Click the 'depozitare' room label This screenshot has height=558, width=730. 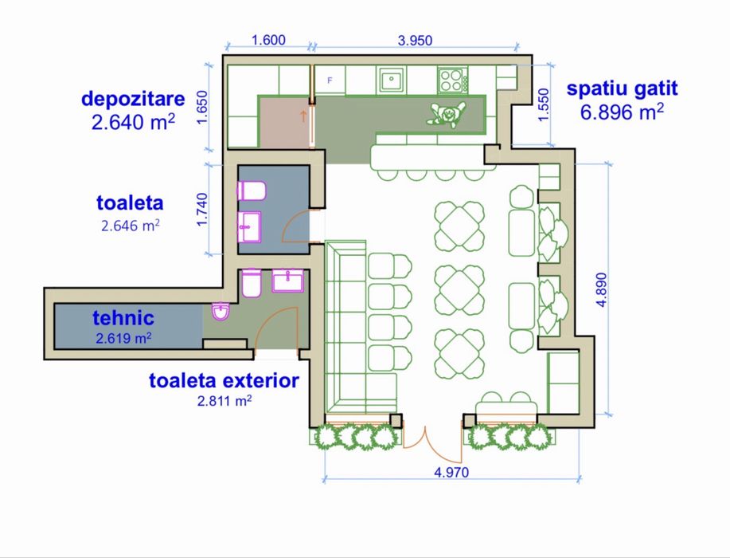[133, 100]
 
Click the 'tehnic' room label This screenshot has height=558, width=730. [123, 318]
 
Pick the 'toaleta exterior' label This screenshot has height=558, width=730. [224, 380]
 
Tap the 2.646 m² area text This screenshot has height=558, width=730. [131, 226]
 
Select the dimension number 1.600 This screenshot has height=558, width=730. [268, 41]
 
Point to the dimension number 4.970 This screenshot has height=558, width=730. [451, 472]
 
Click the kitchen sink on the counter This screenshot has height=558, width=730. [390, 80]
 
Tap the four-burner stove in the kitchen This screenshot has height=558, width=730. [451, 80]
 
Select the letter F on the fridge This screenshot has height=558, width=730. [329, 81]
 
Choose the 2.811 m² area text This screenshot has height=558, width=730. [224, 401]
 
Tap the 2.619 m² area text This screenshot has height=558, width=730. [123, 338]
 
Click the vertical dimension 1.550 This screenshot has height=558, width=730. [544, 104]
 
